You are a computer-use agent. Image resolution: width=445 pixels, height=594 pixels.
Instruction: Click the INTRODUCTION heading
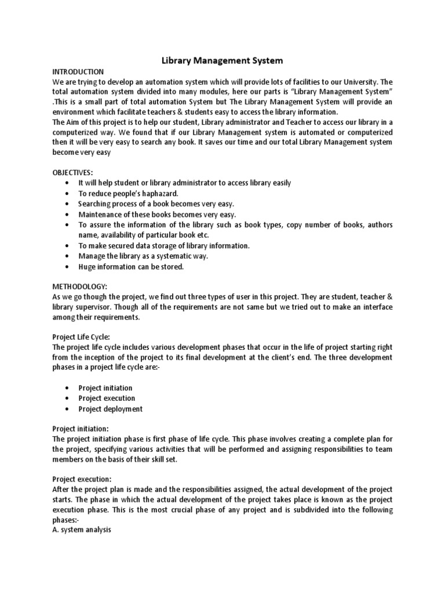pos(78,71)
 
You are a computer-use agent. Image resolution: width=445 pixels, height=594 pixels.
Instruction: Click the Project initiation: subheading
pos(80,428)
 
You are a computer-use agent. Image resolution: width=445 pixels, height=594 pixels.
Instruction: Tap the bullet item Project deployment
pos(110,409)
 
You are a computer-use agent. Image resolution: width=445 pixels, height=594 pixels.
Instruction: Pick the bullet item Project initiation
pos(105,388)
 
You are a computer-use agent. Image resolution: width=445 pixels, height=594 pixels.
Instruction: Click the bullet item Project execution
pos(107,399)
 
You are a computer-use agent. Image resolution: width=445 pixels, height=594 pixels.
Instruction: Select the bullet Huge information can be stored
pos(131,267)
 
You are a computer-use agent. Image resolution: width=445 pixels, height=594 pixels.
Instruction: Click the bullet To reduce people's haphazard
pos(128,193)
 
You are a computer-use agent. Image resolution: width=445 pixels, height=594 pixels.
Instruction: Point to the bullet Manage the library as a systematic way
pos(143,256)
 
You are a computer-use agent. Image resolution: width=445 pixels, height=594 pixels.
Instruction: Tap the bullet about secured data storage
pos(164,246)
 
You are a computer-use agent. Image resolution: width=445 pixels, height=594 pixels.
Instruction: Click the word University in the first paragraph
pos(358,82)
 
